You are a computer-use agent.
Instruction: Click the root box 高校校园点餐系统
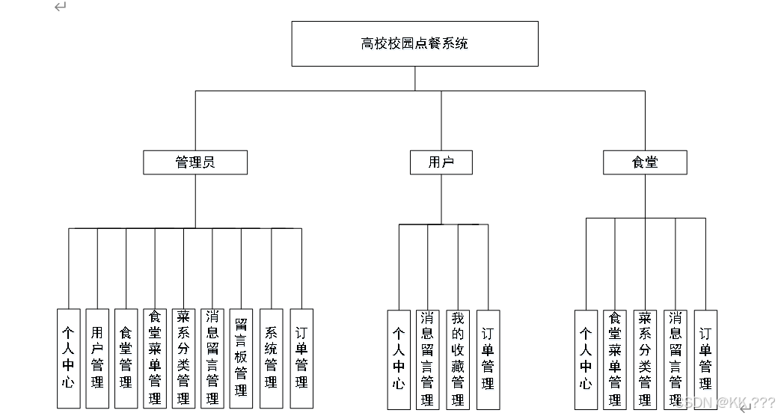coord(414,43)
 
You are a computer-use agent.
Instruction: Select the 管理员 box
coord(195,162)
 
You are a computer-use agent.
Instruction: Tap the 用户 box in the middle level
coord(441,162)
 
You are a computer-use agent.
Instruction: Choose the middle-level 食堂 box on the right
coord(645,162)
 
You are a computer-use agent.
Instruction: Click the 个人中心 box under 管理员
coord(68,358)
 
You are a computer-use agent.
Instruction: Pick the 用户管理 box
coord(97,358)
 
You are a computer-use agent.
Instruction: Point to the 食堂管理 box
coord(126,358)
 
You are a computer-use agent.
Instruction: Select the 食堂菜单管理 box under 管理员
coord(155,358)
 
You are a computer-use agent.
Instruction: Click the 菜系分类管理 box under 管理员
coord(183,358)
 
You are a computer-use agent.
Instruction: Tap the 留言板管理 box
coord(241,358)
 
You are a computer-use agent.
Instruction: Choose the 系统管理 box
coord(272,358)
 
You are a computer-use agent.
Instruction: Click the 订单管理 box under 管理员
coord(301,358)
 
